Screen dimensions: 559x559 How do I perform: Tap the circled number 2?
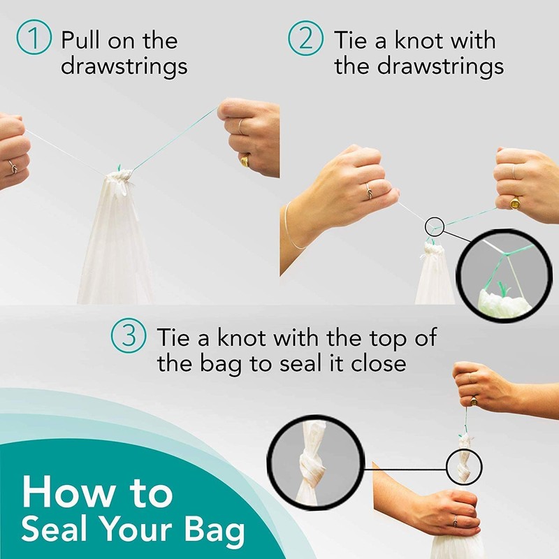(305, 39)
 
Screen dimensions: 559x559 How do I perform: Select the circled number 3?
(129, 338)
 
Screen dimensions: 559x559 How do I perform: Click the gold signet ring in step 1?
(245, 161)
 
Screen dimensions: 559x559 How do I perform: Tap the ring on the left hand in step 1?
(12, 166)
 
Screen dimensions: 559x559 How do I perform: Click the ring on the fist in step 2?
(367, 188)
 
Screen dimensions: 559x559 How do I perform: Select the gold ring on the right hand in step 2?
(515, 202)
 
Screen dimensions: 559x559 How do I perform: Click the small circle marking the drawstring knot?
(434, 226)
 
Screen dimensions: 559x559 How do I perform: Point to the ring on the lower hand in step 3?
(454, 521)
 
